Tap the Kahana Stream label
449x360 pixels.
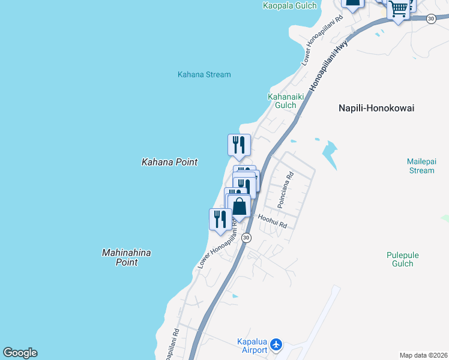coord(204,74)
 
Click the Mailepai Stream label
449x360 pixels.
coord(420,166)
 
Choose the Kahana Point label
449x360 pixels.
coord(169,162)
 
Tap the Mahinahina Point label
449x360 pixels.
coord(126,257)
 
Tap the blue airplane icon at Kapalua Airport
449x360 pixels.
coord(276,344)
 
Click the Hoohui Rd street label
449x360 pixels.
coord(273,221)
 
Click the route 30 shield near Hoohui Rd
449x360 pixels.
coord(246,238)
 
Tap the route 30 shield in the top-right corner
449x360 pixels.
coord(431,19)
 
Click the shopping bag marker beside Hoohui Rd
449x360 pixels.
coord(239,206)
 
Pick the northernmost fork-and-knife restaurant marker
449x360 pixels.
coord(239,145)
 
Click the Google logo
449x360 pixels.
coord(20,353)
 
